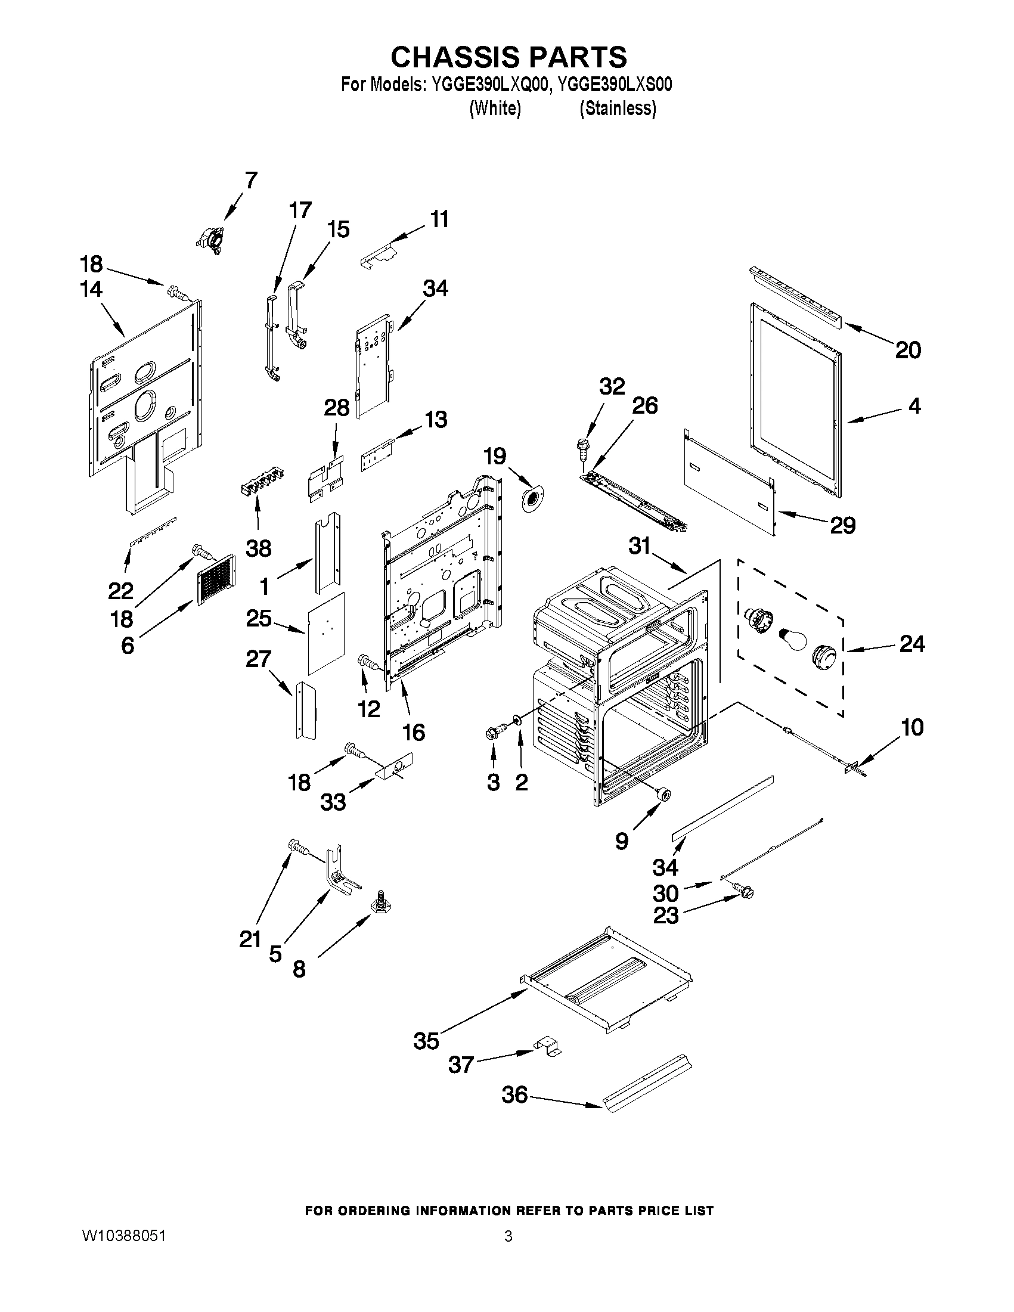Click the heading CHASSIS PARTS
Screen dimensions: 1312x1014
[x=508, y=57]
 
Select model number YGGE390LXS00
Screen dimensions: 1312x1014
[x=615, y=85]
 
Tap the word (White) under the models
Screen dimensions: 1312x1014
[x=494, y=108]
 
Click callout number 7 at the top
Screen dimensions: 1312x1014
[x=251, y=180]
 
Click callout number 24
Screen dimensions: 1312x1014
[x=912, y=644]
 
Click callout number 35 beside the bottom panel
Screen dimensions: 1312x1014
[x=426, y=1040]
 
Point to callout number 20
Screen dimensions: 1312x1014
[x=908, y=351]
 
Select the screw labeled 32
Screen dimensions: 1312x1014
[x=581, y=445]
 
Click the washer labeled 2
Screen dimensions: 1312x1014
[x=517, y=719]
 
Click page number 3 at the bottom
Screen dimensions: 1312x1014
[x=508, y=1236]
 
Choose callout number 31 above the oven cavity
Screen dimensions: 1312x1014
[x=640, y=545]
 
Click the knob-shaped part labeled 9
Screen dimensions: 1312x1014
[x=664, y=794]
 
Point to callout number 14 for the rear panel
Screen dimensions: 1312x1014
[x=91, y=290]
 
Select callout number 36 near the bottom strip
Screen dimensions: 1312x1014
[x=515, y=1094]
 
